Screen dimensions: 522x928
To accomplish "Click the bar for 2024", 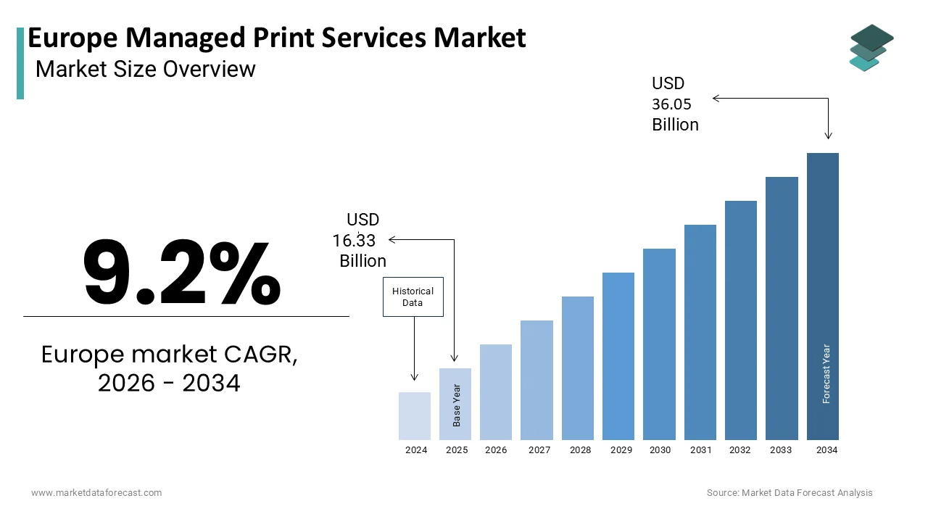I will [x=415, y=416].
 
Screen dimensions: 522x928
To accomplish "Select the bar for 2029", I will [x=618, y=356].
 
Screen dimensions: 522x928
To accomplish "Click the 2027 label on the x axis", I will [x=539, y=450].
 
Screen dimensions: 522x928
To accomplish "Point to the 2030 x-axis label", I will [x=660, y=450].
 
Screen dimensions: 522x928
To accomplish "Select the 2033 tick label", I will [x=781, y=450].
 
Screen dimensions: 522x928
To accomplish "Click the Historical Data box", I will [x=413, y=297].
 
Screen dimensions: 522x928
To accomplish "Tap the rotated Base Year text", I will [x=457, y=405].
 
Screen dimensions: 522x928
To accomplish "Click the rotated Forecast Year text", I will [x=826, y=373].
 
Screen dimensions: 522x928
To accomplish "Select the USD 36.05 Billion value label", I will [x=675, y=104].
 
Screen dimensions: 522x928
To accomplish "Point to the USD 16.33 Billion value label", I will [x=360, y=240].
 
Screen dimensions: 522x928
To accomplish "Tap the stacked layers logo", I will [x=871, y=48].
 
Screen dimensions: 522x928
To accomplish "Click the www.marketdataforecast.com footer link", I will [x=96, y=493].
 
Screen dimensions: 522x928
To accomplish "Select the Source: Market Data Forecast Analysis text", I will [x=790, y=493].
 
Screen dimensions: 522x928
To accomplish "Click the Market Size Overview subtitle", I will [x=145, y=69].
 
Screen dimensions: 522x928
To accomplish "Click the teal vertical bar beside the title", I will [x=20, y=63].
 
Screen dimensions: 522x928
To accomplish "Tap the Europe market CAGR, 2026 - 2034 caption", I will [x=169, y=368].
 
